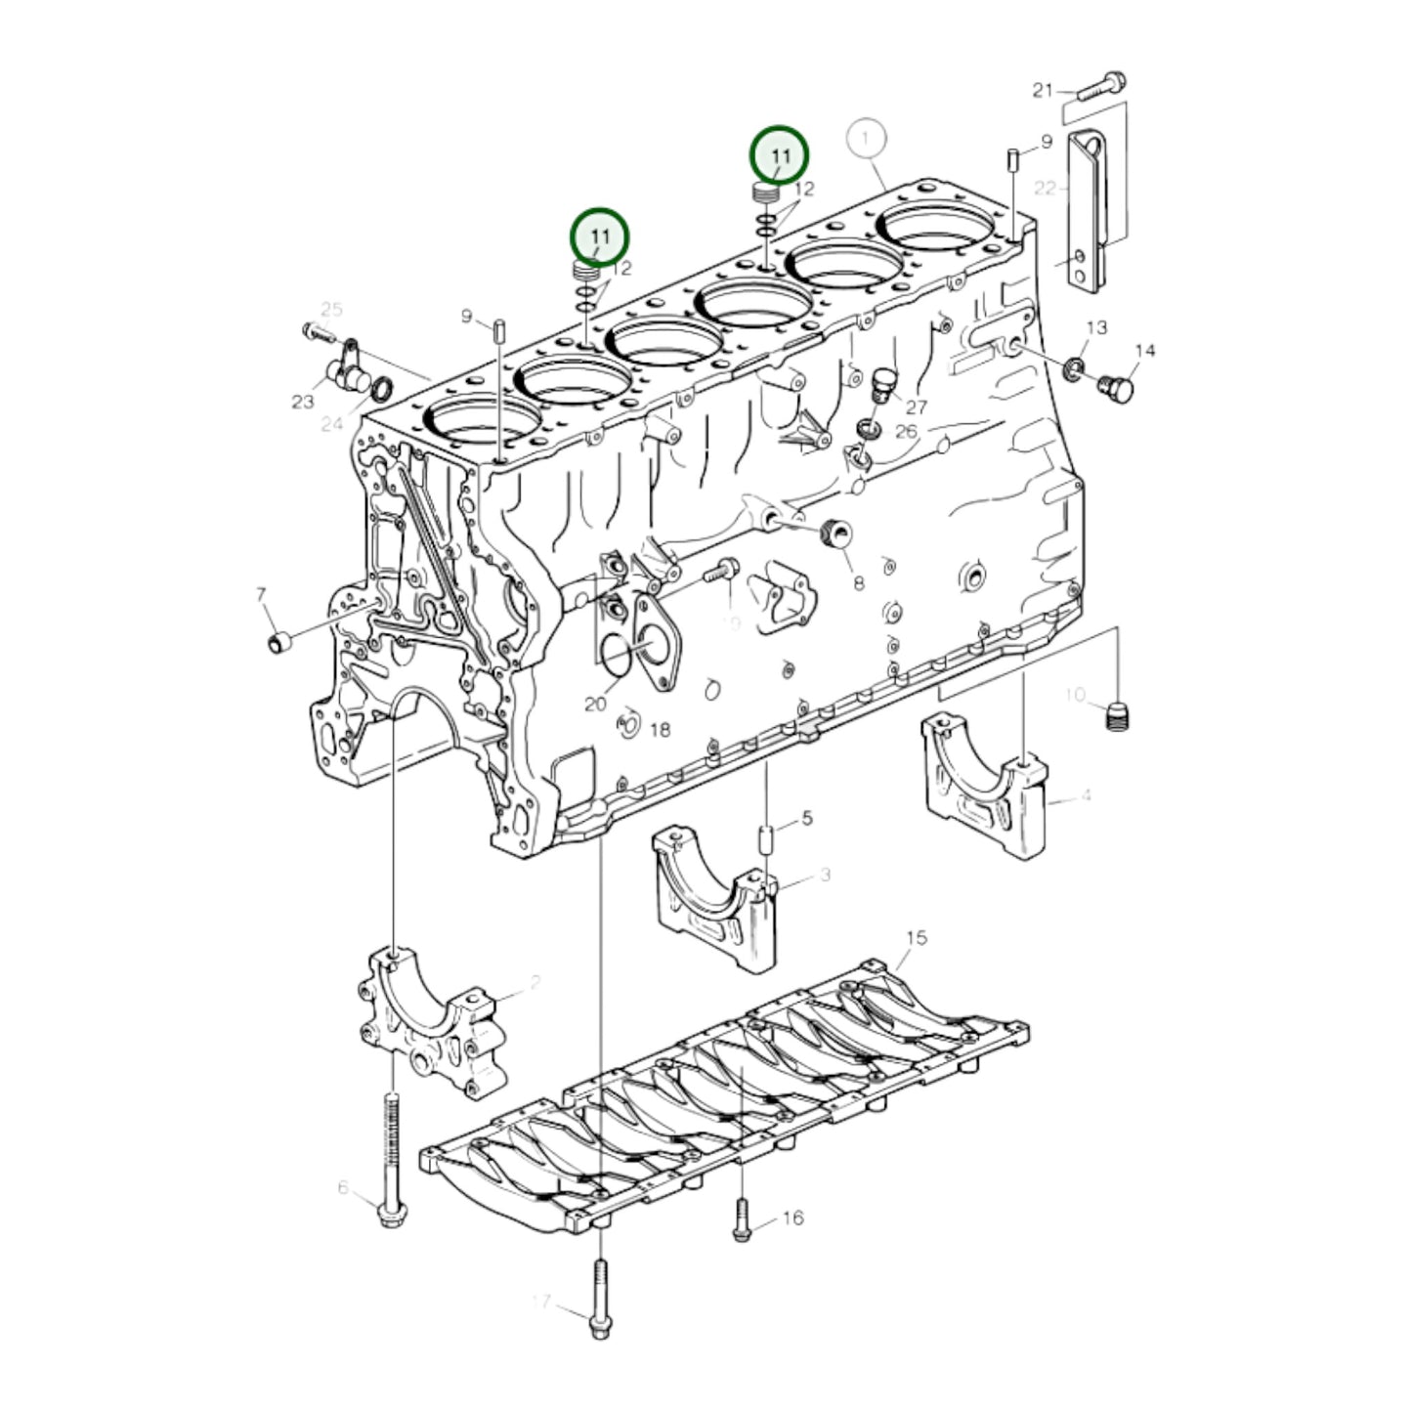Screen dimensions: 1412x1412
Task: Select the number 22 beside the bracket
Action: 1046,188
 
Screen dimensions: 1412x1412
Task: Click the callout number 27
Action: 916,406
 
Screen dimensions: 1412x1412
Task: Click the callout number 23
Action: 302,402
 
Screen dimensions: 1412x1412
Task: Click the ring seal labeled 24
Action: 383,389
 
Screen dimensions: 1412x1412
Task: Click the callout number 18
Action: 660,730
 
